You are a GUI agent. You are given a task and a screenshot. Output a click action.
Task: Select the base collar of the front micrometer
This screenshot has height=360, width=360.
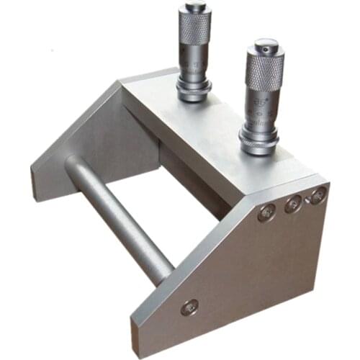point(260,144)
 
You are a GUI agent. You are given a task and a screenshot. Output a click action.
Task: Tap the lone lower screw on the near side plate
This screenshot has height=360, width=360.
point(190,307)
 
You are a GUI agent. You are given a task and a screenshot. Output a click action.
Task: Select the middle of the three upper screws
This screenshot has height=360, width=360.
point(293,204)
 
